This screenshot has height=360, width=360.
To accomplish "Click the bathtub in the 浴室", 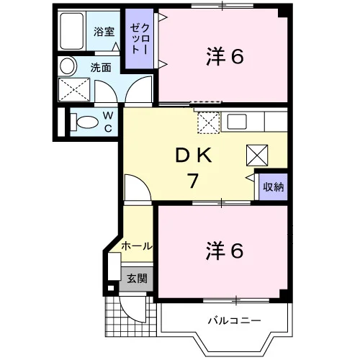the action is [x=72, y=31].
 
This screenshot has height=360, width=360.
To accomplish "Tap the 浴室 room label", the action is [x=104, y=32].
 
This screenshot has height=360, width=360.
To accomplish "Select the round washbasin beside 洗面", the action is [x=67, y=66].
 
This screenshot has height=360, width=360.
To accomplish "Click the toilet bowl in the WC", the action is [x=85, y=122].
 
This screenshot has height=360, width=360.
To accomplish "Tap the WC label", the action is [x=108, y=122].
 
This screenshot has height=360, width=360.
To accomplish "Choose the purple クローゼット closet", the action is [x=140, y=39].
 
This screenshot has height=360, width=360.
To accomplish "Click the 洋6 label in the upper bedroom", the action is [x=225, y=57].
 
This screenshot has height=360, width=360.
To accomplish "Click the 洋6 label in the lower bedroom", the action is [x=225, y=251].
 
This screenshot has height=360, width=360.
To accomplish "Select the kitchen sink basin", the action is [x=237, y=122].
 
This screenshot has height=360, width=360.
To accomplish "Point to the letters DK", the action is [x=194, y=156].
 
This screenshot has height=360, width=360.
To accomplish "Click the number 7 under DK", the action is [x=193, y=181].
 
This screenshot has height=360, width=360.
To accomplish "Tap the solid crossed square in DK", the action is [x=257, y=156].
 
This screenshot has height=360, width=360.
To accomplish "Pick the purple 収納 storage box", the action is [x=274, y=186].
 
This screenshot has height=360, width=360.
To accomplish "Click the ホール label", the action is [x=137, y=246].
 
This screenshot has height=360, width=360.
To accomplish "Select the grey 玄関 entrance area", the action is [x=136, y=279].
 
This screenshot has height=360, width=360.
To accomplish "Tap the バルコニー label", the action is [x=234, y=320].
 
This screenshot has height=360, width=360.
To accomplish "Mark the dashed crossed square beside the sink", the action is [x=208, y=122].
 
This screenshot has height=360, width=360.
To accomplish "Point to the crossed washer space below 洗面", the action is [x=74, y=89].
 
